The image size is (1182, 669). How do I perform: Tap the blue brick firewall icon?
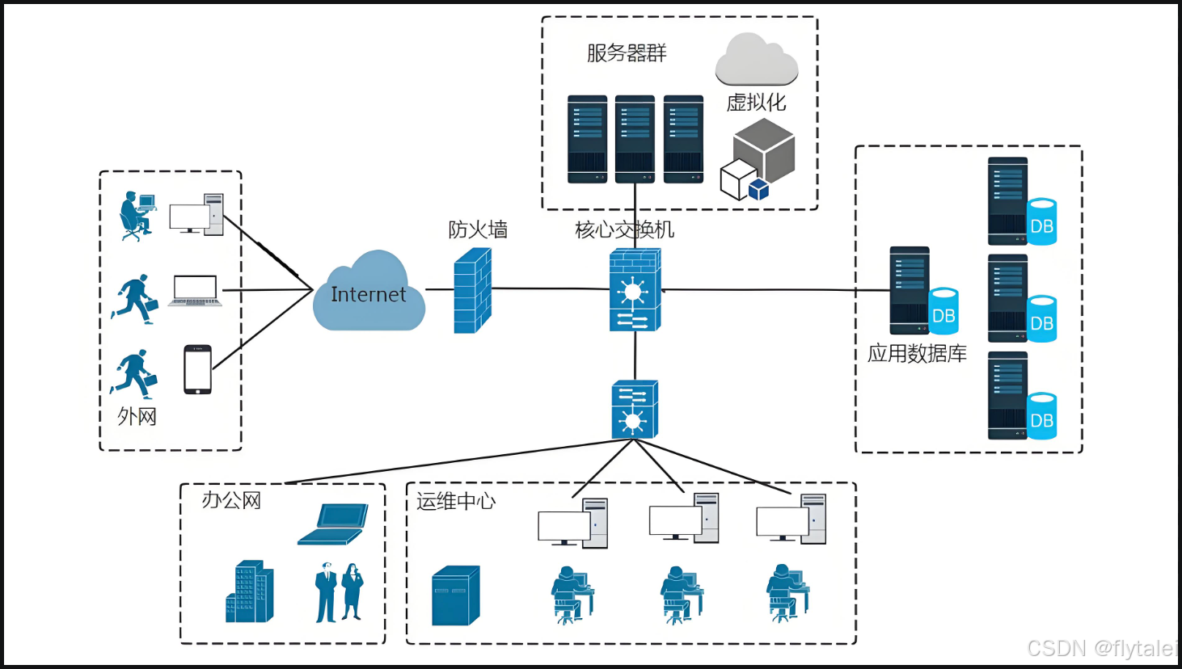tap(473, 291)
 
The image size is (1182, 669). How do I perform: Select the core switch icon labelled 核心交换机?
tap(635, 289)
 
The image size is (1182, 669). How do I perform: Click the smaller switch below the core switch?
tap(635, 409)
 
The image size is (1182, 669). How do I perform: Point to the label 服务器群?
tap(627, 53)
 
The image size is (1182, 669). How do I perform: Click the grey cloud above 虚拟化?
tap(757, 59)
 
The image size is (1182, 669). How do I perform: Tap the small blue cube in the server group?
tap(759, 189)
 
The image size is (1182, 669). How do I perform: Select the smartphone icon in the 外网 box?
tap(198, 369)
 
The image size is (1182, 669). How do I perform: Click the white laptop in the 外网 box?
tap(195, 291)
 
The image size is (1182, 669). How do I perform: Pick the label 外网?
tap(137, 416)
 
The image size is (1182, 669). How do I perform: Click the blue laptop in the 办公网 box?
tap(333, 524)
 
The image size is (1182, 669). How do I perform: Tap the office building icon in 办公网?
tap(250, 591)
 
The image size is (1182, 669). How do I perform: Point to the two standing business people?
tap(339, 592)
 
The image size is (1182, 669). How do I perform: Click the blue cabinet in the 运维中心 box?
tap(456, 595)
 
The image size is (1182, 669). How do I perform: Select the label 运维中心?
tap(456, 501)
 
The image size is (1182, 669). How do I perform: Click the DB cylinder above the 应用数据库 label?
tap(943, 311)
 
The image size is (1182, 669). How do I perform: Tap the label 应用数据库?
tap(917, 353)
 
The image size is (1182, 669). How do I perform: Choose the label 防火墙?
tap(478, 229)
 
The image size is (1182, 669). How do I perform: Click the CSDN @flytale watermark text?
tap(1103, 648)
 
